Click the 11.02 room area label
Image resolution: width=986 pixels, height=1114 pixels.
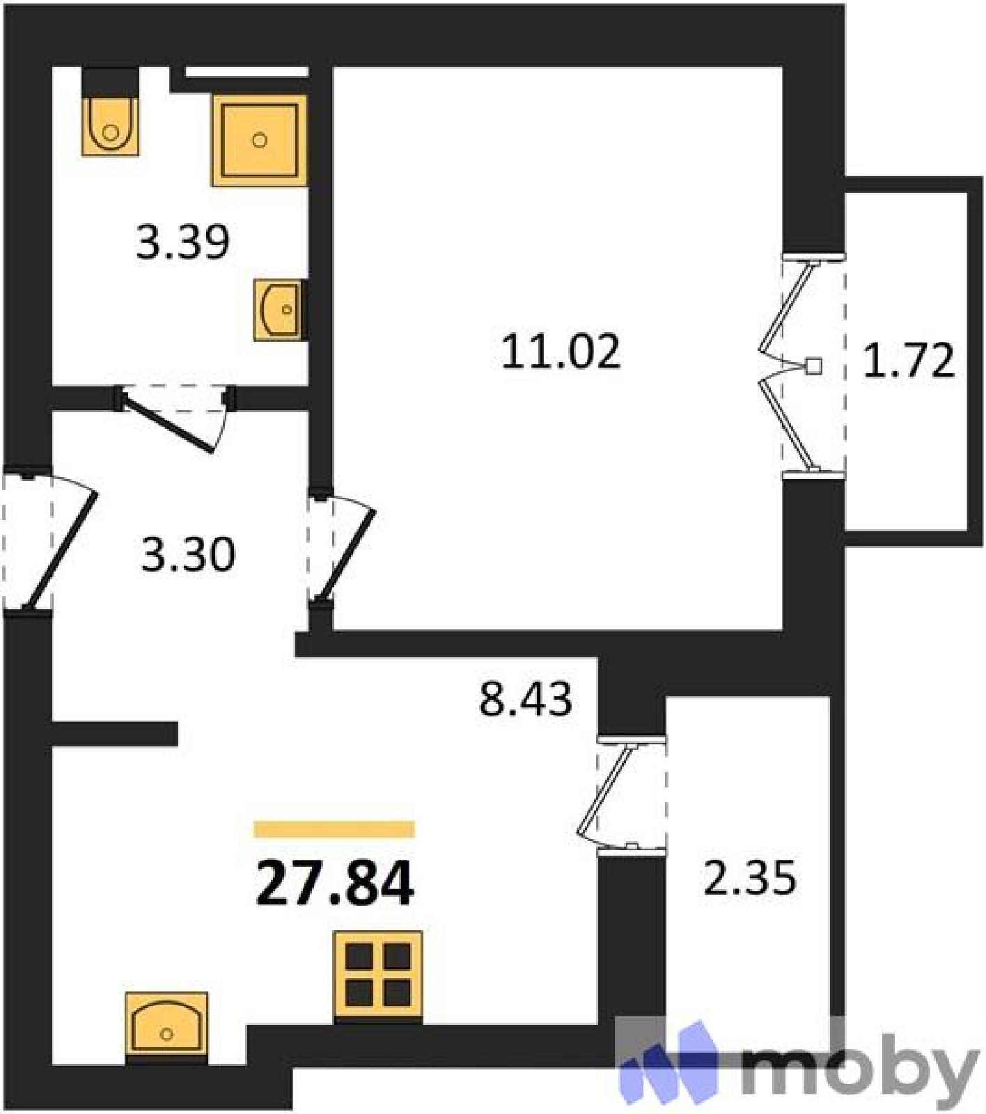561,351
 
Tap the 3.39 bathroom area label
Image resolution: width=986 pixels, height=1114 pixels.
182,242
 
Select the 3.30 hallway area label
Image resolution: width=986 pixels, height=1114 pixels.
188,555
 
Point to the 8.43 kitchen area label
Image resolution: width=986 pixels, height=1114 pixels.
526,698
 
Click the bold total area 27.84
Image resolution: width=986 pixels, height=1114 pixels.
335,883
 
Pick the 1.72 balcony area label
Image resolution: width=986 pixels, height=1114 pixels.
909,361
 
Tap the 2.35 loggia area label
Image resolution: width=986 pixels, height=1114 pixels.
750,878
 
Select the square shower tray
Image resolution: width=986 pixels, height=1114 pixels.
260,141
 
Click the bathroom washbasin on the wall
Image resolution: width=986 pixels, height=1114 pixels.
279,310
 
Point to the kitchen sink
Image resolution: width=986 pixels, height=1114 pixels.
166,1029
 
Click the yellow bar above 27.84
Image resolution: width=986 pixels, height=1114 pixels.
334,829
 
